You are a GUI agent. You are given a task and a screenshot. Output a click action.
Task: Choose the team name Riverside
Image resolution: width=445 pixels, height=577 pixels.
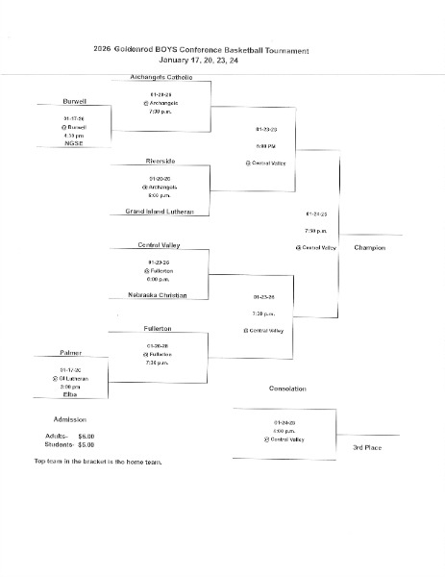coord(161,161)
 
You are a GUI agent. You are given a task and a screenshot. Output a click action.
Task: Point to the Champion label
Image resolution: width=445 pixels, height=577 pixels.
coord(369,248)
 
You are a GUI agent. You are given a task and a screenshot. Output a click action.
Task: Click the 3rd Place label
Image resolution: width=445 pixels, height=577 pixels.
coord(369,448)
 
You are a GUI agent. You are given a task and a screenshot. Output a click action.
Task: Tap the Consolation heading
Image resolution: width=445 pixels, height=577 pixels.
coord(287,389)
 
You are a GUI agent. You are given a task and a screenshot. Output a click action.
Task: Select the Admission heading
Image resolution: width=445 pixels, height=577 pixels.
coord(70,419)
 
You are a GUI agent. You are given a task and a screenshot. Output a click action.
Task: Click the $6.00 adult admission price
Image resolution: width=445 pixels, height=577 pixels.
coord(87,436)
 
